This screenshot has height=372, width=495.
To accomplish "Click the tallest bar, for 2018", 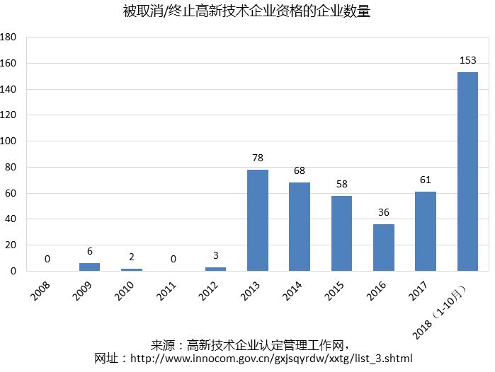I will [x=467, y=171].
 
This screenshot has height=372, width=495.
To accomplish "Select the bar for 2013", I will [x=258, y=220].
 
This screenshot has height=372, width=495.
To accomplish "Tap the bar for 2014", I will [x=300, y=226].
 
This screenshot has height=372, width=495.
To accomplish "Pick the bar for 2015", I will [x=341, y=233].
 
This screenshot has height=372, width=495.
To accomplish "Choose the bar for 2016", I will [x=384, y=248].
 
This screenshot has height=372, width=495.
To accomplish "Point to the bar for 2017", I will [x=426, y=231].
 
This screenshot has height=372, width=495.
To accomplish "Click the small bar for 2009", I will [x=89, y=267].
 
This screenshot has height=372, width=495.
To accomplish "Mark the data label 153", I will [x=467, y=60].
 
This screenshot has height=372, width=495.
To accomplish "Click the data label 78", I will [x=258, y=158].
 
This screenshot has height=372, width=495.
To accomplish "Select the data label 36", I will [x=384, y=212].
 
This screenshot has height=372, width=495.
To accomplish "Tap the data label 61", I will [x=426, y=180].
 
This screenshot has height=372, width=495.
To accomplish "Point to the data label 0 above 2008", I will [x=47, y=259].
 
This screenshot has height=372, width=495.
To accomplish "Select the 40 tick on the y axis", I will [x=11, y=219].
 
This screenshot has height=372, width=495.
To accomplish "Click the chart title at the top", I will [x=246, y=12].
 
